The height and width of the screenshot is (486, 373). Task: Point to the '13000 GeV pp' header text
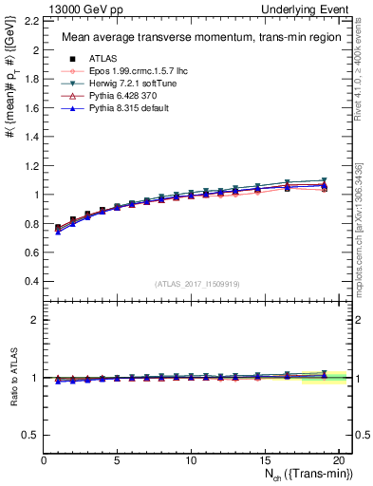(x=79, y=9)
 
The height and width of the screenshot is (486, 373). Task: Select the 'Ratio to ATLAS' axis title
(x=11, y=377)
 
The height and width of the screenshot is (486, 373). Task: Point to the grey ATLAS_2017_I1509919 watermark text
(x=196, y=284)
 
